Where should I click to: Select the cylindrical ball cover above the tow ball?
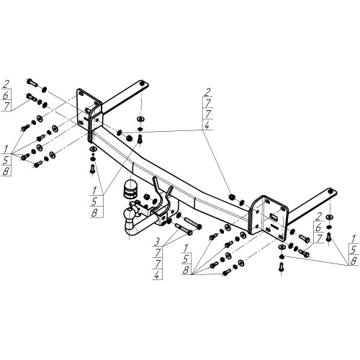click(130, 188)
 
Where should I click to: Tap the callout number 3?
click(157, 242)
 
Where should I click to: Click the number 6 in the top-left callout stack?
click(6, 95)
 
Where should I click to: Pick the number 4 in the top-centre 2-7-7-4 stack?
click(207, 125)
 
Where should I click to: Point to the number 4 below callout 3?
click(157, 274)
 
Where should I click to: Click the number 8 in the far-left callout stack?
click(6, 171)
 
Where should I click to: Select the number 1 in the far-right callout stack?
click(354, 239)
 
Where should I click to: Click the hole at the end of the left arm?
click(142, 84)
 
